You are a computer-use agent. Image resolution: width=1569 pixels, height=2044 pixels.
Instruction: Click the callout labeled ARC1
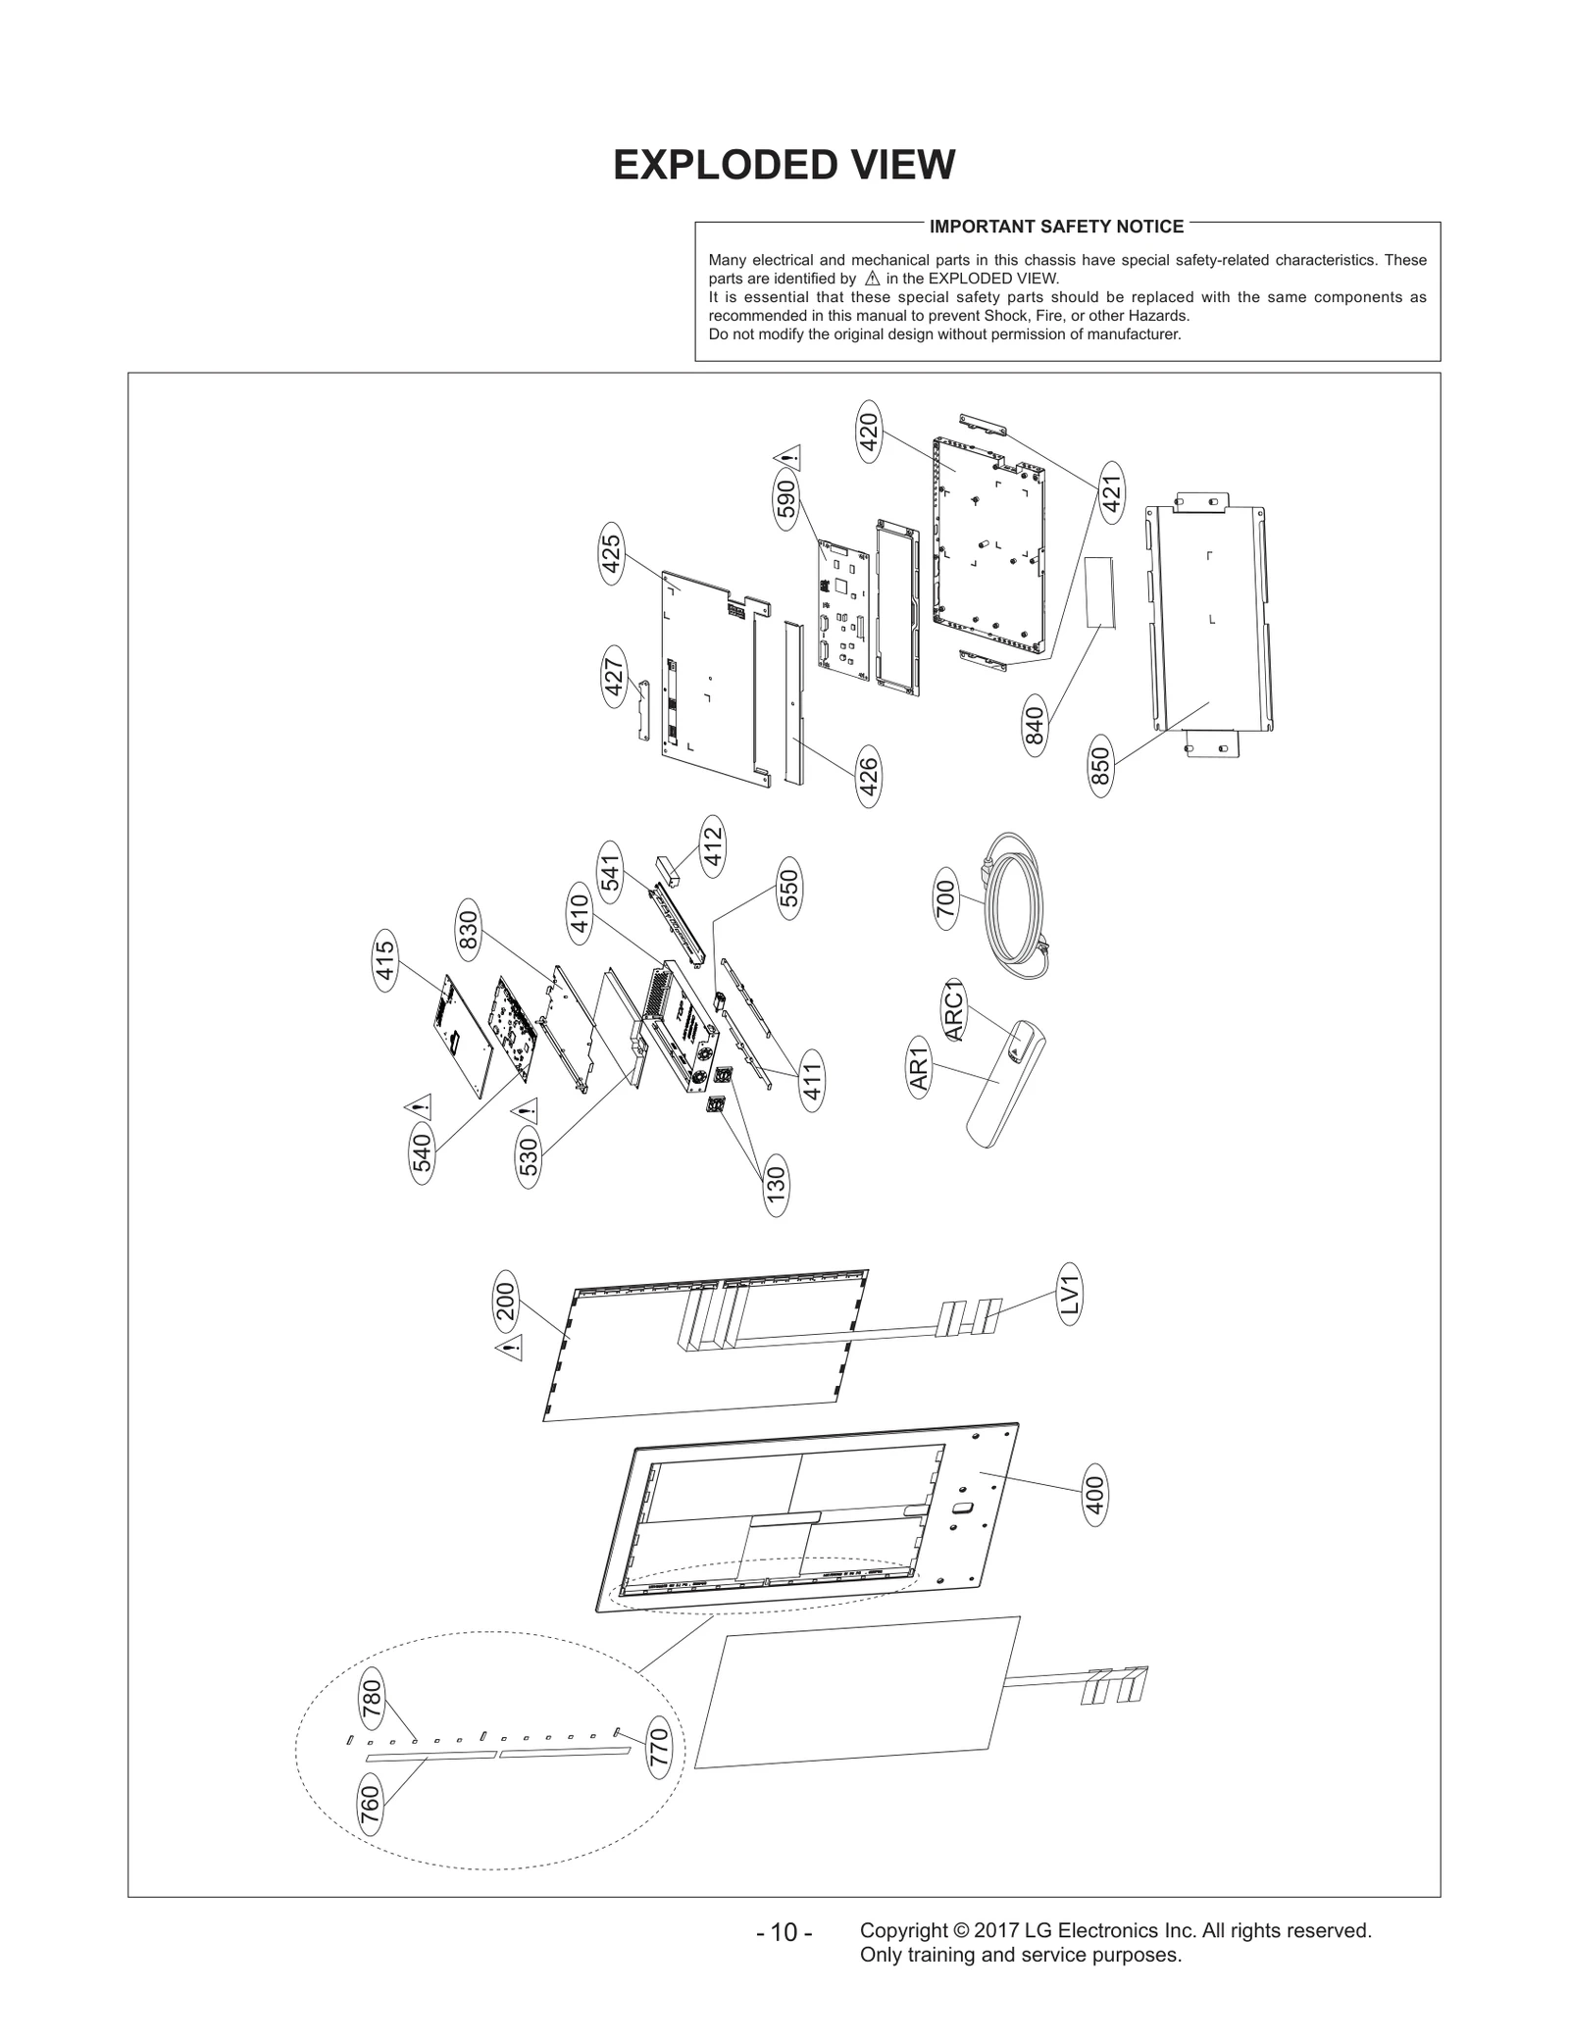point(954,1010)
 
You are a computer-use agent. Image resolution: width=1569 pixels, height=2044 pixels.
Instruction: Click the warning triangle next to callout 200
point(509,1348)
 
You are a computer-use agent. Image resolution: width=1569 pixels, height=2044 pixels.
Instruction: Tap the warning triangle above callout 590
point(787,456)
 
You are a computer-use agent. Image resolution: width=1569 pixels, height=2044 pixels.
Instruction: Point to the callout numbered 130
point(776,1186)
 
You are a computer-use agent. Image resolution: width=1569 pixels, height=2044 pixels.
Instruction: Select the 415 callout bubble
point(384,960)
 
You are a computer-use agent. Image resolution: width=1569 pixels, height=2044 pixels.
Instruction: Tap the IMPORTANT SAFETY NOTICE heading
point(1056,227)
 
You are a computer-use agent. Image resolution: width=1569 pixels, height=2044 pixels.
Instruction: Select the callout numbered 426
point(868,777)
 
